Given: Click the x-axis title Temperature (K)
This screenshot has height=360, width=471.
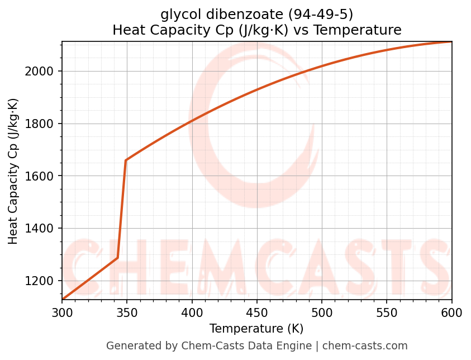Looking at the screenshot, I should click(256, 329).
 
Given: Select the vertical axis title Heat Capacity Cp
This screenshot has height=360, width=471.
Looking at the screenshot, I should click(13, 171).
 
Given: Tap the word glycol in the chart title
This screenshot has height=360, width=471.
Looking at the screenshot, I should click(178, 14).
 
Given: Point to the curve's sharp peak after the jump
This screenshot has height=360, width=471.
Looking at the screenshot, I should click(126, 160).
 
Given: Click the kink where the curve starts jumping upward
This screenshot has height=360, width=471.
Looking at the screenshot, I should click(117, 258).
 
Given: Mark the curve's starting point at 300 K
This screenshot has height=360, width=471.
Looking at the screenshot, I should click(63, 300).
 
